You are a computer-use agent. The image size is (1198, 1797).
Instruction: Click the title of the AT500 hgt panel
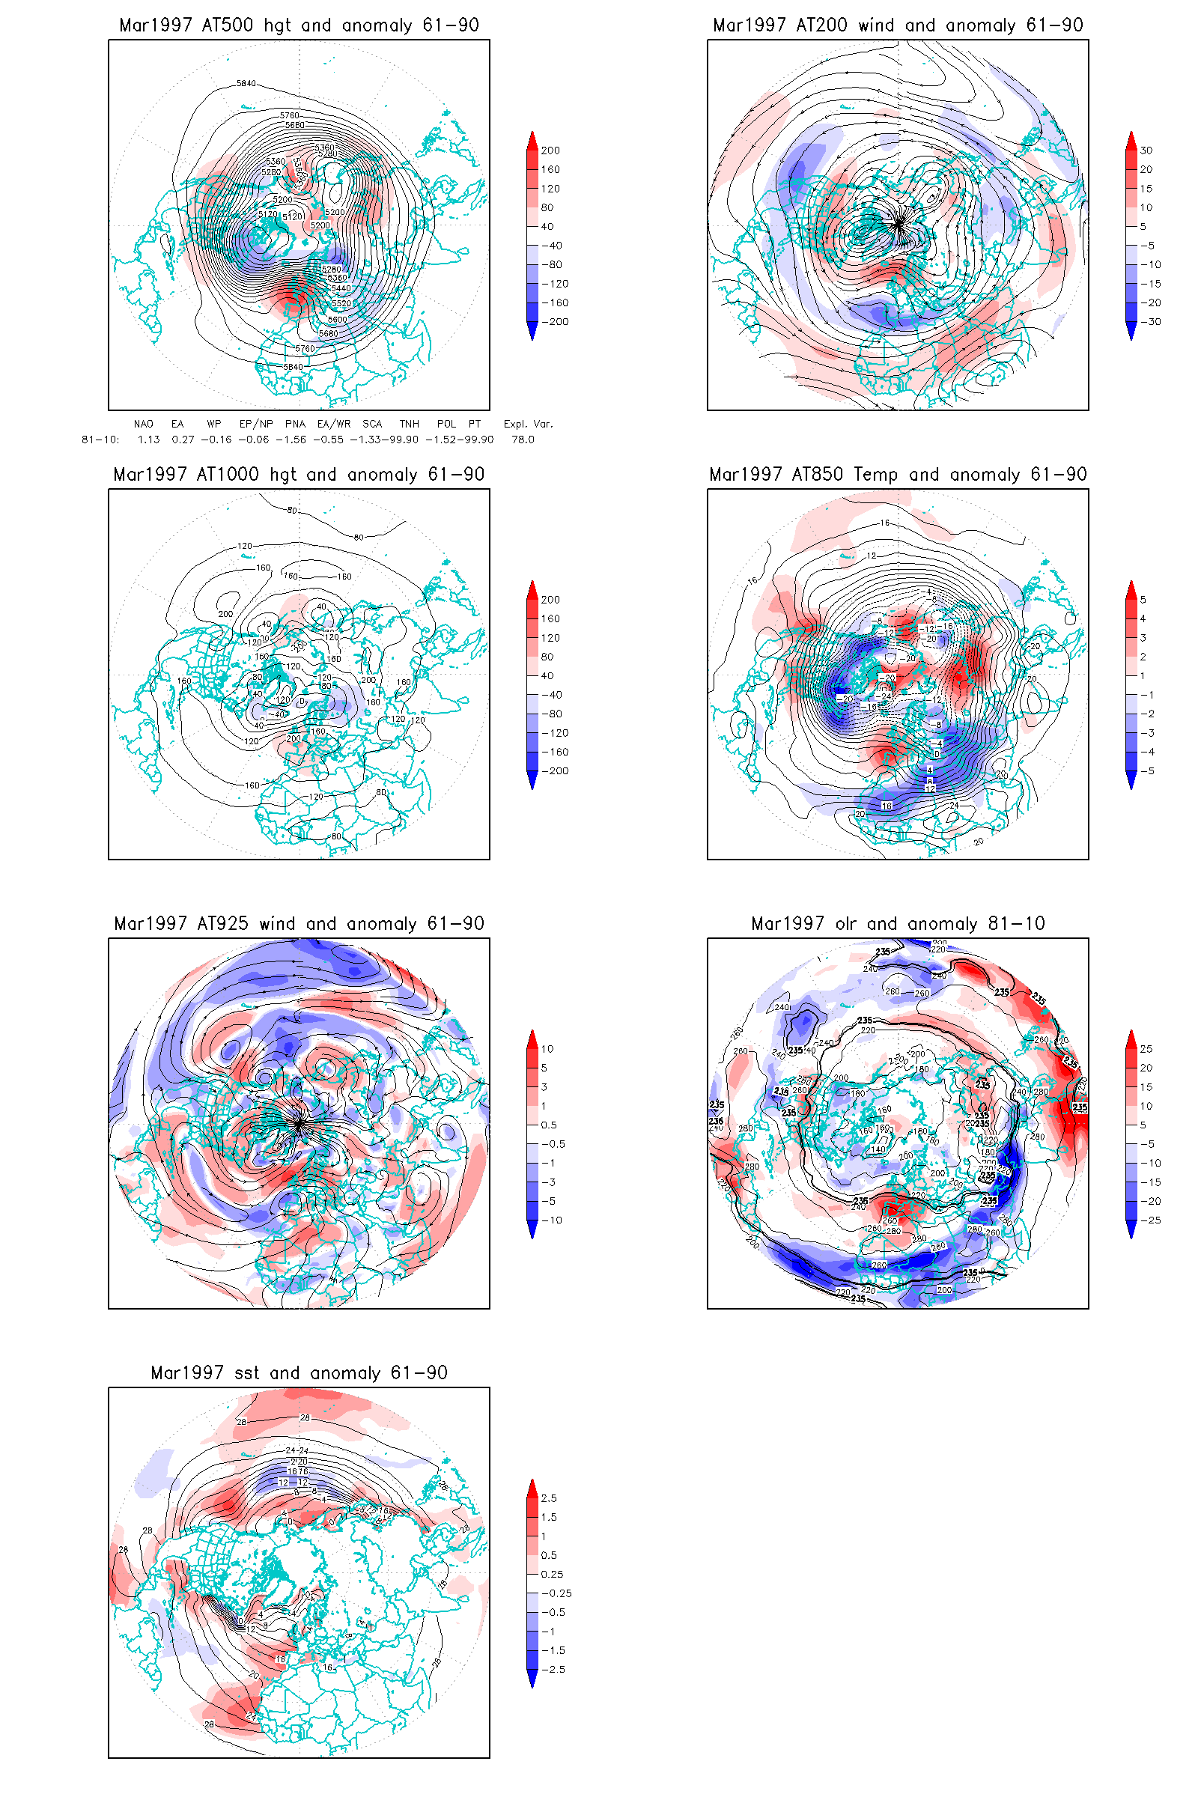click(299, 25)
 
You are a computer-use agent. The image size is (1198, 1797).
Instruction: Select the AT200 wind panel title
click(898, 25)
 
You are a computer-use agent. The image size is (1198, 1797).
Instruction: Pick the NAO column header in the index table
click(143, 424)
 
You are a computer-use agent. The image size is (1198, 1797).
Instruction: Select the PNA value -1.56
click(295, 440)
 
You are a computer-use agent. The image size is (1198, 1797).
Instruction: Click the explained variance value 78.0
click(523, 440)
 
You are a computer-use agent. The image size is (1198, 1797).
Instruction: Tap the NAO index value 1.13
click(148, 440)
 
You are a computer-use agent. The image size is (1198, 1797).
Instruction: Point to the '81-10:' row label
click(100, 440)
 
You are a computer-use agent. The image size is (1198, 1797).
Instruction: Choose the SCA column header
click(372, 424)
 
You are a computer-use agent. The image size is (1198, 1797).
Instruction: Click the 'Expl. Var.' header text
click(527, 424)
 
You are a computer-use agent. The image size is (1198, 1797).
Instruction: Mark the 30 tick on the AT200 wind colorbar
click(1146, 150)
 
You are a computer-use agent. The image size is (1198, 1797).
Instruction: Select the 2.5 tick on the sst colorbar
click(549, 1498)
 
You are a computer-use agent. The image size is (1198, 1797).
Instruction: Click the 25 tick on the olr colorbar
click(1146, 1049)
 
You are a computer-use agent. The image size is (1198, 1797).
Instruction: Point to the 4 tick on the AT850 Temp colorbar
click(1143, 619)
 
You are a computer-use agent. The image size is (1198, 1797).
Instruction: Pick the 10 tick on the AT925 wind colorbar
click(547, 1049)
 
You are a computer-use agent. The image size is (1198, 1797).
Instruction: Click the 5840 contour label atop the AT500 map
click(246, 83)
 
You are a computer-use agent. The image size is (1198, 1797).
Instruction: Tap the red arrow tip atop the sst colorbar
click(532, 1481)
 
